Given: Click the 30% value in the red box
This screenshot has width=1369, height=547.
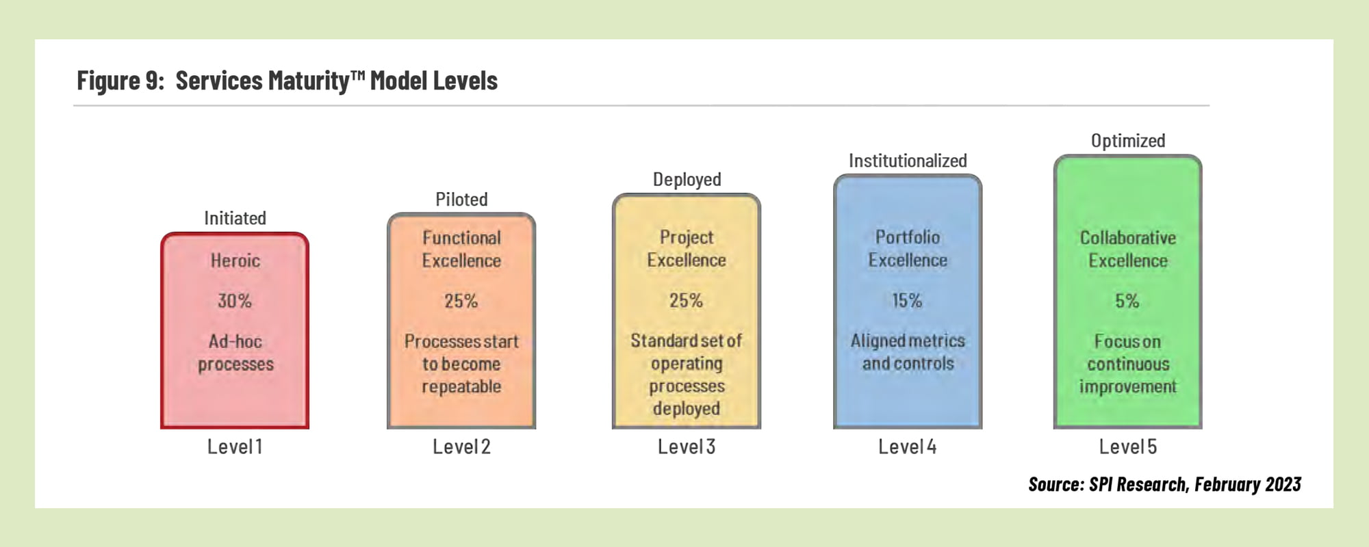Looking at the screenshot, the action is click(235, 301).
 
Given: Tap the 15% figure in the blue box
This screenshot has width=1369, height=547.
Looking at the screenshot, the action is click(907, 300).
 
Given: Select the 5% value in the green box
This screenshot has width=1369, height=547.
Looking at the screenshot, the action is click(1127, 301).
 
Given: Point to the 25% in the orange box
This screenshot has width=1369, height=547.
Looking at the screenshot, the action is click(461, 301).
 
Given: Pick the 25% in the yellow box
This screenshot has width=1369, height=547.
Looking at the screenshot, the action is click(686, 300).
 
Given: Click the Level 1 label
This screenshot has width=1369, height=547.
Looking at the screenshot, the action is click(235, 446).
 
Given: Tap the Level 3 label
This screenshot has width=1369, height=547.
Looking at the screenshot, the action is click(687, 446).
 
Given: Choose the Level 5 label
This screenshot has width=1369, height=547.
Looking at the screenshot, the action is click(1128, 446).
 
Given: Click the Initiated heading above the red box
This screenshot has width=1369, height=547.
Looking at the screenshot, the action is click(235, 218).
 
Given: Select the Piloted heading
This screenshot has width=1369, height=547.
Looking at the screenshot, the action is click(461, 200).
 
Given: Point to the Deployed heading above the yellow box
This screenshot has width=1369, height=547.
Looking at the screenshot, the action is click(687, 180).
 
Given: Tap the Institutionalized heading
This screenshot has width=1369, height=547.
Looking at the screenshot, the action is click(908, 161).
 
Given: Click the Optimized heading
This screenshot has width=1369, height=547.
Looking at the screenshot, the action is click(1128, 141).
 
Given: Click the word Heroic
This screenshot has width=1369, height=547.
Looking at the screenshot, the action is click(235, 261).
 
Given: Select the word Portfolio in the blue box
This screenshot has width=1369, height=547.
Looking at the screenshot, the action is click(908, 237).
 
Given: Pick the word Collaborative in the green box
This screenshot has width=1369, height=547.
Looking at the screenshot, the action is click(1128, 238).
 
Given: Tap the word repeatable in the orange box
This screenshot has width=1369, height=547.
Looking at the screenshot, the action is click(461, 387).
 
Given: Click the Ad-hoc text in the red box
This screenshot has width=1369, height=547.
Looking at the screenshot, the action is click(235, 341).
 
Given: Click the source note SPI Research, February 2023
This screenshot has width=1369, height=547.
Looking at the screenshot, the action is click(1194, 484).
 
